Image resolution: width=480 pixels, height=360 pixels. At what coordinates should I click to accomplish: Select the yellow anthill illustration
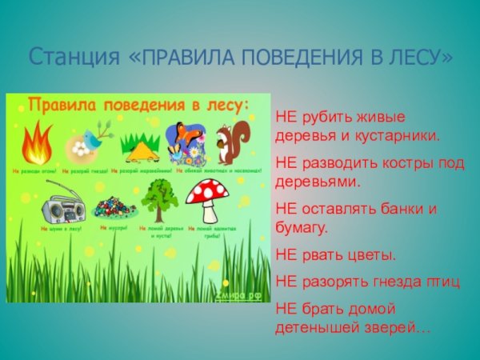139,146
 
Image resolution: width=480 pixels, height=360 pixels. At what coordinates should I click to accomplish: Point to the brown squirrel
233,142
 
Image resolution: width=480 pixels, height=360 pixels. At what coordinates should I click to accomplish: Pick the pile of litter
110,206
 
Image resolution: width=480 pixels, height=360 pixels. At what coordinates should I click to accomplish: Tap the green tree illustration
158,198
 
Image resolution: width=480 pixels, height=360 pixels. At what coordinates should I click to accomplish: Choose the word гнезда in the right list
401,282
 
